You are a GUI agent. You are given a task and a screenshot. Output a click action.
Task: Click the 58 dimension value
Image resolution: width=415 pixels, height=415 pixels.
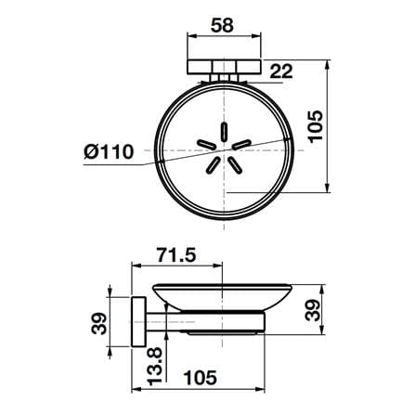[x=222, y=25]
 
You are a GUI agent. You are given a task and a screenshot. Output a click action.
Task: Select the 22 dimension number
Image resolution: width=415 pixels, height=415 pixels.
[x=281, y=71]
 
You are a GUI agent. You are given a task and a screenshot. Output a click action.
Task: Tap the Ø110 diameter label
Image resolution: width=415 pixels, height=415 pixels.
[x=109, y=151]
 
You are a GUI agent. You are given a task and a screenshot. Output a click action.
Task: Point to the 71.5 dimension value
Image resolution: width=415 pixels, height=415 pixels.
[x=176, y=255]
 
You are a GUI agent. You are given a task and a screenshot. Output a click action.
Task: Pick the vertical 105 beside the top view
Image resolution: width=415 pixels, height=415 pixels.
[x=316, y=126]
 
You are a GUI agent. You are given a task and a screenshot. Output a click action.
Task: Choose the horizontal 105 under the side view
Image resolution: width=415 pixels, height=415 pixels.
[x=201, y=378]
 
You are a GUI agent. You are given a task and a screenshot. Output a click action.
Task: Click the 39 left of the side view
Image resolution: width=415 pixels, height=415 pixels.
[x=98, y=324]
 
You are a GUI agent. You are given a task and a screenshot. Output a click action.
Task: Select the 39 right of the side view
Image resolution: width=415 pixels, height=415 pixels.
[x=312, y=310]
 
